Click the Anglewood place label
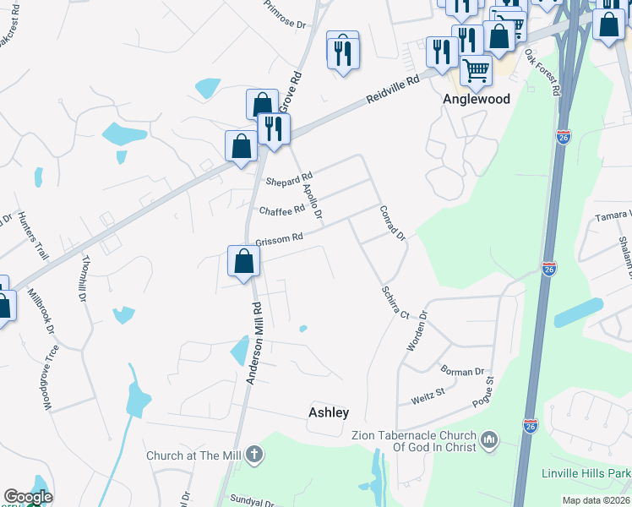pyautogui.click(x=477, y=99)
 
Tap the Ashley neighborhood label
pyautogui.click(x=328, y=412)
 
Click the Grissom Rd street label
pyautogui.click(x=279, y=239)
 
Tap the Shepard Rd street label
pyautogui.click(x=289, y=180)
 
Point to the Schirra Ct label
pyautogui.click(x=394, y=300)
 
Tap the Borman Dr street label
pyautogui.click(x=462, y=371)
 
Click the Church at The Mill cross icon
pyautogui.click(x=253, y=455)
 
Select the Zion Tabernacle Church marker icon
pyautogui.click(x=489, y=439)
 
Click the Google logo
pyautogui.click(x=28, y=497)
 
